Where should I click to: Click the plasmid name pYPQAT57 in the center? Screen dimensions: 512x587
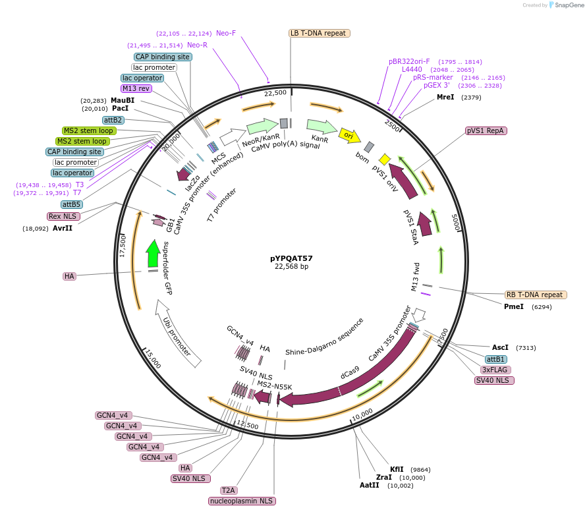pyautogui.click(x=291, y=258)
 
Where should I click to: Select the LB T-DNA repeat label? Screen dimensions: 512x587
pyautogui.click(x=319, y=33)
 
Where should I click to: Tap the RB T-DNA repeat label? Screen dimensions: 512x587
pyautogui.click(x=535, y=295)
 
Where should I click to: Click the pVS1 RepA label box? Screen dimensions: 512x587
pyautogui.click(x=486, y=130)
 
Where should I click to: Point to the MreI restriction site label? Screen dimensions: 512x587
pyautogui.click(x=445, y=97)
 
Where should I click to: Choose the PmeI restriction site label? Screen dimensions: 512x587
pyautogui.click(x=514, y=306)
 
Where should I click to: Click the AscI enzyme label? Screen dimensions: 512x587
pyautogui.click(x=500, y=347)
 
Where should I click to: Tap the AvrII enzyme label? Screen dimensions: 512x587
pyautogui.click(x=64, y=229)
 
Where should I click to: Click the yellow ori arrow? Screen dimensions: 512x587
pyautogui.click(x=349, y=135)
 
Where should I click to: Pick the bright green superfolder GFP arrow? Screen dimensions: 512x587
pyautogui.click(x=153, y=254)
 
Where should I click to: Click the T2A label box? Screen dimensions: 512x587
pyautogui.click(x=229, y=490)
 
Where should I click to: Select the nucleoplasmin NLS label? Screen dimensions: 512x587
pyautogui.click(x=242, y=501)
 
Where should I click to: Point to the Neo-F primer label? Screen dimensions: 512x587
pyautogui.click(x=226, y=33)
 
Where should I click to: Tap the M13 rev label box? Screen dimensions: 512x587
pyautogui.click(x=136, y=88)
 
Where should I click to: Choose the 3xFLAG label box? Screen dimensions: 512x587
pyautogui.click(x=494, y=370)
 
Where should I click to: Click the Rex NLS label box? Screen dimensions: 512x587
pyautogui.click(x=63, y=216)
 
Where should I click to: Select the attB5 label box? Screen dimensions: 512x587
pyautogui.click(x=72, y=204)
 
